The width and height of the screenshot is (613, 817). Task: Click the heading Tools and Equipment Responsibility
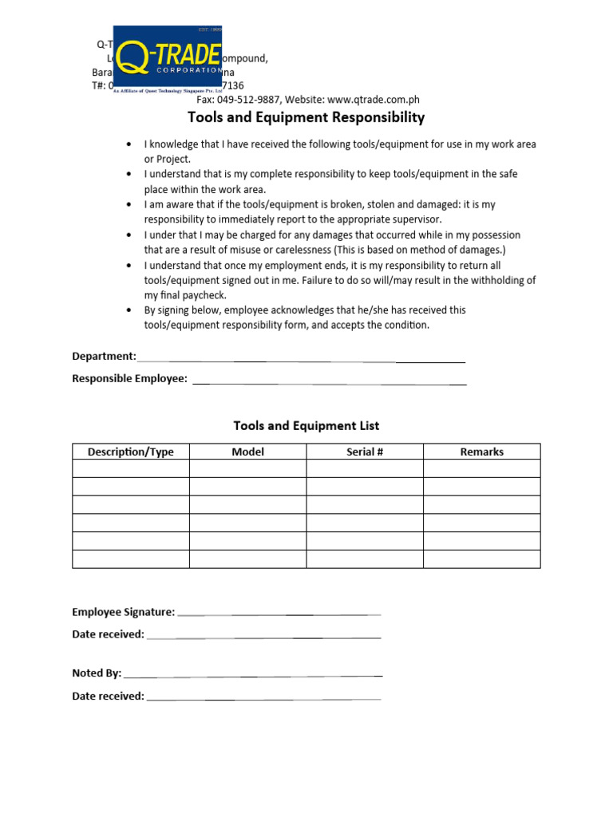tap(306, 118)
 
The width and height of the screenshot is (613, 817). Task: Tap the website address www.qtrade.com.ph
tap(374, 100)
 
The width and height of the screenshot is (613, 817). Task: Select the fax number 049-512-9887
tap(251, 100)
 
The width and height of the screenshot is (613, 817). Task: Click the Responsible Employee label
tap(129, 379)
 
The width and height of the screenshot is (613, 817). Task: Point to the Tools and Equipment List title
tap(306, 426)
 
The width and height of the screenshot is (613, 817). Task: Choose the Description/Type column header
tap(131, 452)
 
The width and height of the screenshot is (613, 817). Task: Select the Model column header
tap(247, 452)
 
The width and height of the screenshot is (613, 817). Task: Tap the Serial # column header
tap(365, 452)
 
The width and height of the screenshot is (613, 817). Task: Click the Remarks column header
tap(482, 452)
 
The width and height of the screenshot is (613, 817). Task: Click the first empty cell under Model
tap(247, 468)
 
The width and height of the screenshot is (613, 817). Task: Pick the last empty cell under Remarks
tap(482, 559)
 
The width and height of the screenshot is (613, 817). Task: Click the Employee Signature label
tap(123, 612)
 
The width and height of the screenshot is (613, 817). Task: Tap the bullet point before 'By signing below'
tap(129, 310)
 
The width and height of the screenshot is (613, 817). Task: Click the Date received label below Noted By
tap(108, 696)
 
